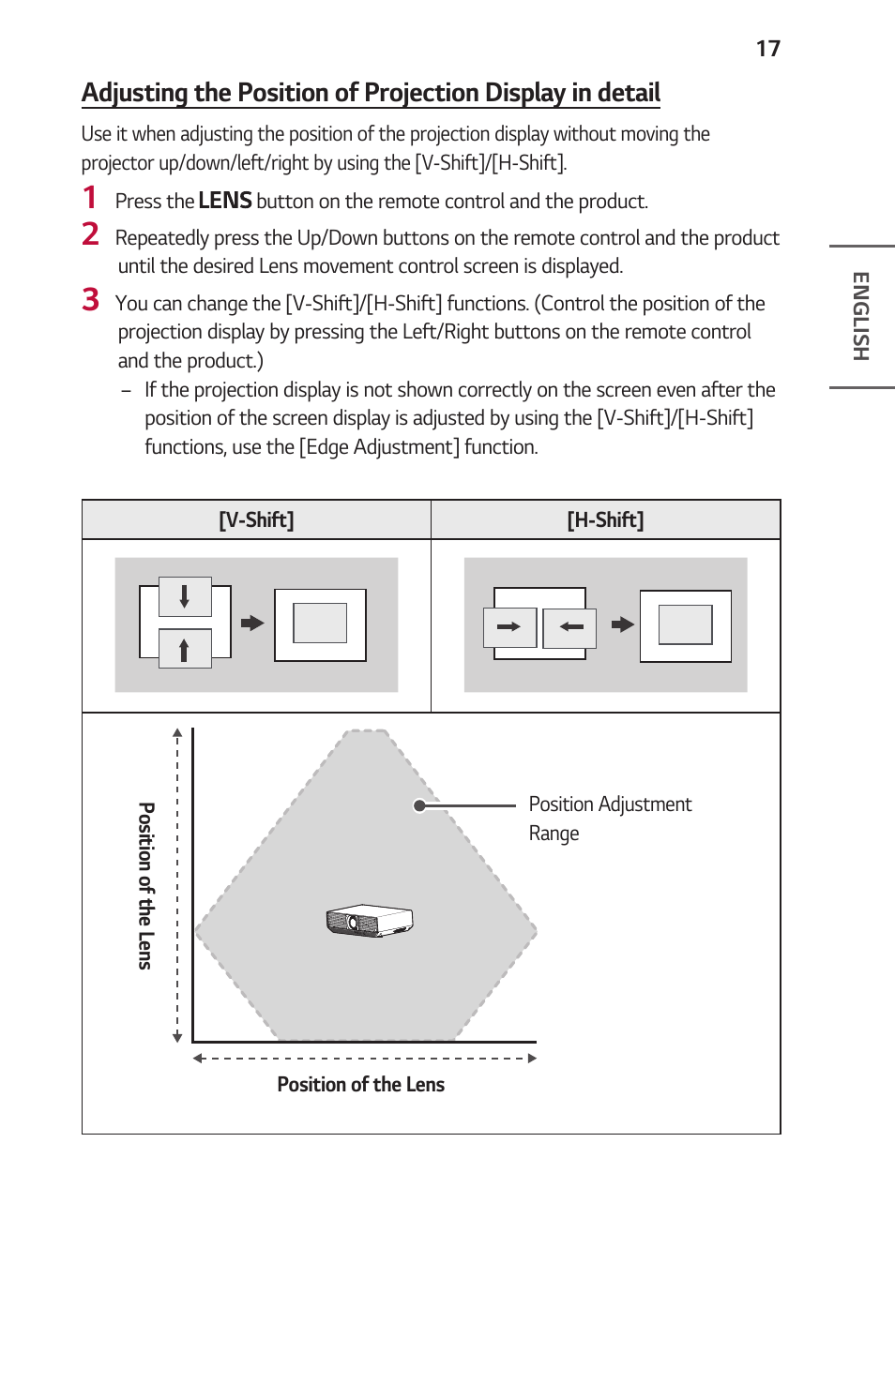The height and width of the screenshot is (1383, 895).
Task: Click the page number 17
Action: (767, 49)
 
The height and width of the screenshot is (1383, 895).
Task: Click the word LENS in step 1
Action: (224, 201)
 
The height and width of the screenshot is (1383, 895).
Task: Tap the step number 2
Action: (90, 234)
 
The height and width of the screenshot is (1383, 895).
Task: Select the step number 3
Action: (90, 300)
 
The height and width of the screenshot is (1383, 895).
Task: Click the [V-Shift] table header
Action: (256, 520)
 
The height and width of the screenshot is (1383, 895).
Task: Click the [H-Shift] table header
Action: (605, 520)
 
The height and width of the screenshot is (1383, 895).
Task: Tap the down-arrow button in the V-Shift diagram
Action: (185, 596)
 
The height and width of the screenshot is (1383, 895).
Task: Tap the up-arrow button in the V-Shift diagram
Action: (185, 649)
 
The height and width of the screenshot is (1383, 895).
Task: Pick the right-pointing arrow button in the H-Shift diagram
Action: (509, 627)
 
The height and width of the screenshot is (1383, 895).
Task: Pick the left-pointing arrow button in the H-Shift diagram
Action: (570, 627)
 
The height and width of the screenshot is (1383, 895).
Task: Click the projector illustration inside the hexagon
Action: (370, 921)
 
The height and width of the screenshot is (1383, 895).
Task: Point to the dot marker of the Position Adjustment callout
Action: (419, 805)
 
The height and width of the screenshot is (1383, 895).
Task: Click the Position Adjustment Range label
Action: (609, 818)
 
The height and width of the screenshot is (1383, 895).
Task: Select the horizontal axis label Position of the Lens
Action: (360, 1085)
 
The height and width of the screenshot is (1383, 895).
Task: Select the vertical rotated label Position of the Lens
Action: (145, 885)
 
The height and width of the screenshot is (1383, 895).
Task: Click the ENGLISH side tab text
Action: (860, 316)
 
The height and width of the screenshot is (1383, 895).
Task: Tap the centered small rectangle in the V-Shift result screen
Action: (320, 624)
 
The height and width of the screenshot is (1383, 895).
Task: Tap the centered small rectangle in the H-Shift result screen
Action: (685, 625)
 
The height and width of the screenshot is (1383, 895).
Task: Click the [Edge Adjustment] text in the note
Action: (379, 447)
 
